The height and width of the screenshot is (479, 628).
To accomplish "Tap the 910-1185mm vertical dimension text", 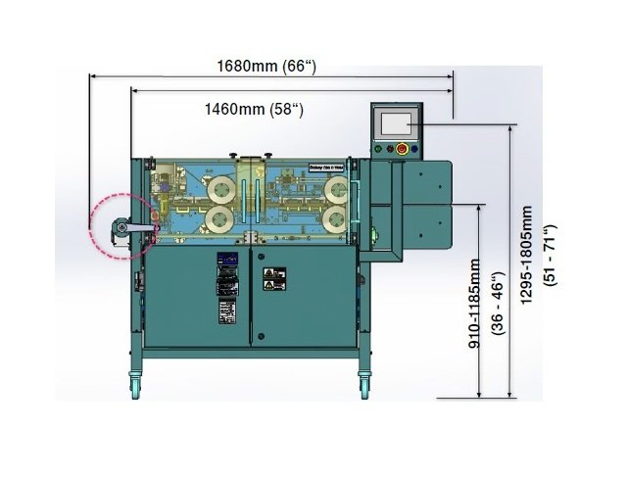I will [x=474, y=304].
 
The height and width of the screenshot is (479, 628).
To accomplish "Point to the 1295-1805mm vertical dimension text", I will [x=526, y=257].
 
